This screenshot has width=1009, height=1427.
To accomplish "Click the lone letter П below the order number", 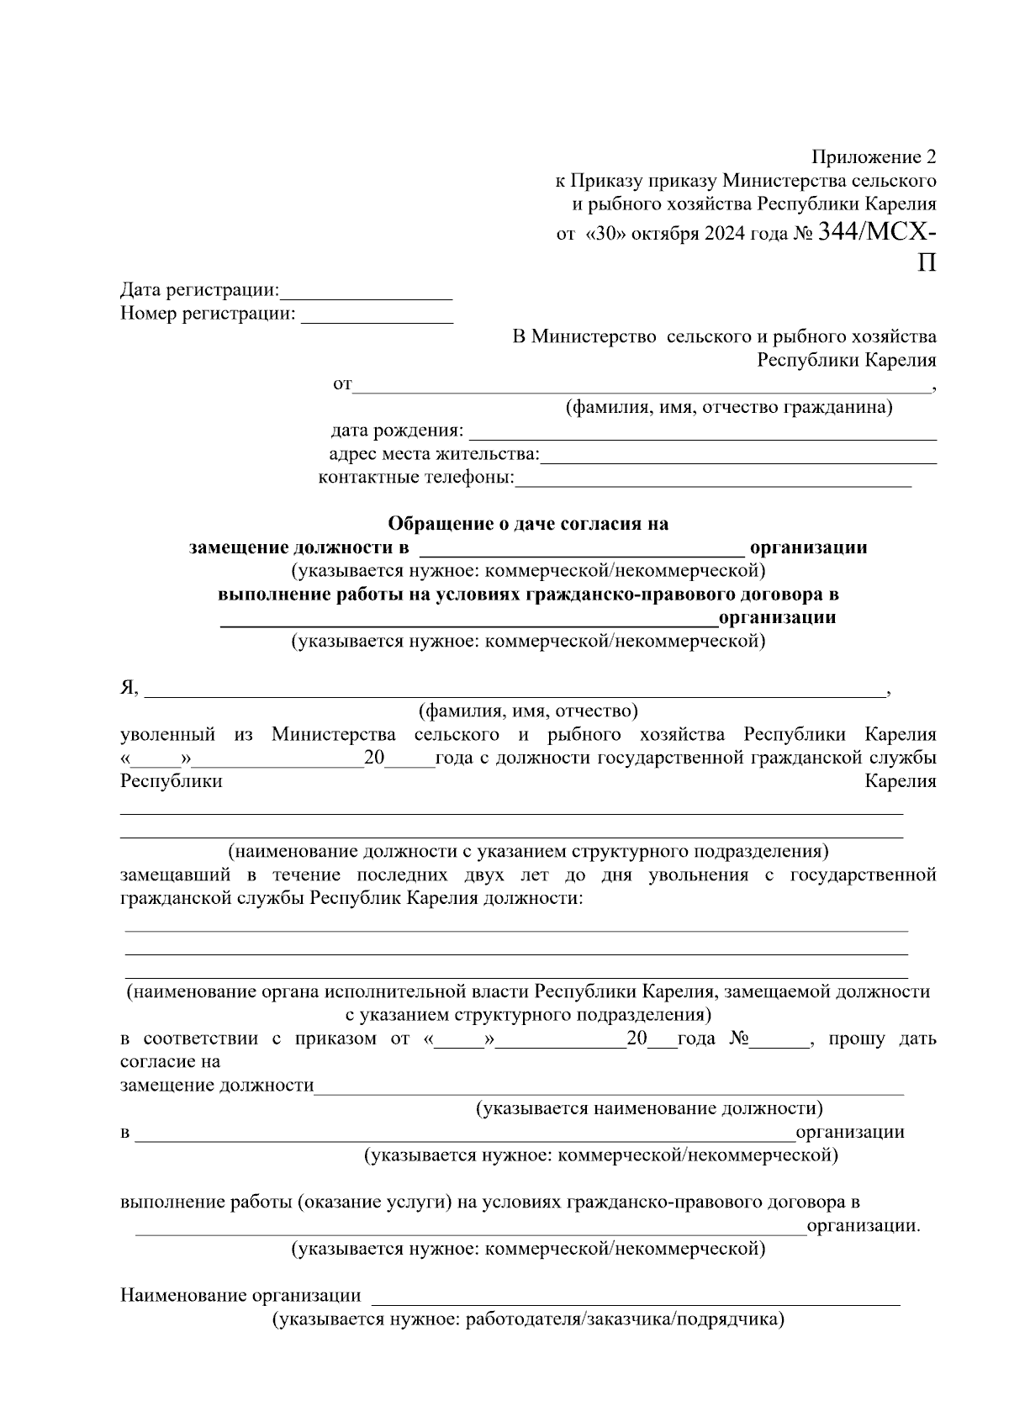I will point(926,263).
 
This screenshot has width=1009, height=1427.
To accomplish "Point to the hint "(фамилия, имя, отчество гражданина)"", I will point(728,408).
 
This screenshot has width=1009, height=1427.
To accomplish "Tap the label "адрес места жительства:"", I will point(434,455).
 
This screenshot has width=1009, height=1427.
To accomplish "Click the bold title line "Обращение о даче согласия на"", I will point(528,524).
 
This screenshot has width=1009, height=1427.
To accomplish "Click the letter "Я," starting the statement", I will point(129,688).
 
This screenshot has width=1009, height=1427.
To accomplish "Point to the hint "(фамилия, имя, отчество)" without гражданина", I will point(528,711).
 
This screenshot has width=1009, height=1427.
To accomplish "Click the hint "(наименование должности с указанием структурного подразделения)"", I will point(528,850).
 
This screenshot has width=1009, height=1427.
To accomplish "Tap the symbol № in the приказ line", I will point(738,1039).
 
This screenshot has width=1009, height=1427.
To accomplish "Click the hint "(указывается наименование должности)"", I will point(649,1108).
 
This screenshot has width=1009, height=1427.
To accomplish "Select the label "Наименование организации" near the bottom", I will point(240,1296).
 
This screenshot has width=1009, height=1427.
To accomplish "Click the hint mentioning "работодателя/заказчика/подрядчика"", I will point(527,1319).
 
